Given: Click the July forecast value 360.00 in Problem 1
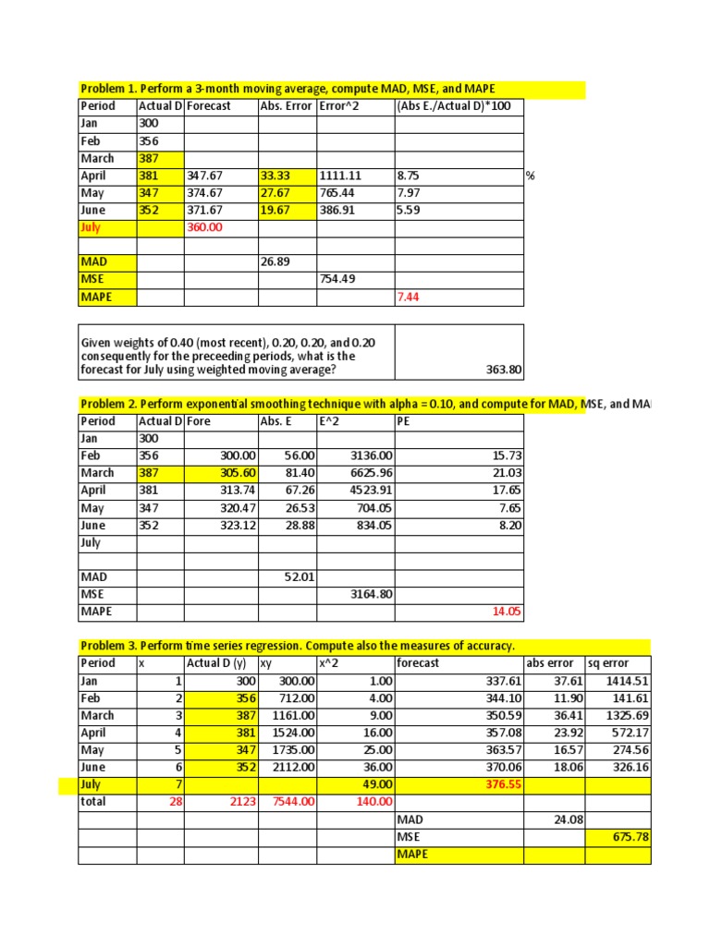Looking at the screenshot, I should coord(206,227).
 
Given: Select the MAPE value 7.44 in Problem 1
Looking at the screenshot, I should coord(408,297).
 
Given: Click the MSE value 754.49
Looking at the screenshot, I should coord(337,280).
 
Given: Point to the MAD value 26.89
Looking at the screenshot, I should coord(276,262).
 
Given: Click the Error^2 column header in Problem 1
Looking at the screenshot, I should coord(340,106).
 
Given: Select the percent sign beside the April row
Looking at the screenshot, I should coord(531,176).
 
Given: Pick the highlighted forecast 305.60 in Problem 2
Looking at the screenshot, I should coord(238,473).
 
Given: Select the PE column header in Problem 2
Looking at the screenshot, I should coord(404,421).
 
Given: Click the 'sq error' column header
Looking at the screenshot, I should coord(608,663).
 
